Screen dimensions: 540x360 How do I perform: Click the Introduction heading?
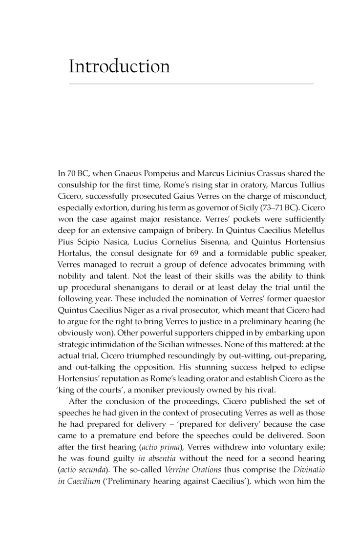(119, 66)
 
